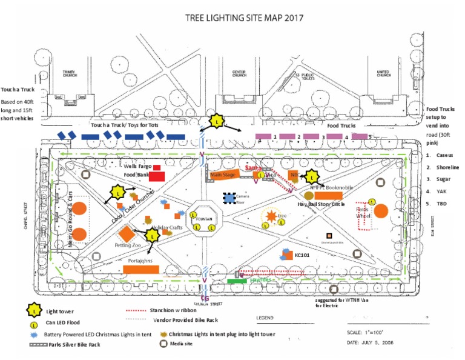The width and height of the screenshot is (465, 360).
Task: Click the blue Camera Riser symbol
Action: point(229,198)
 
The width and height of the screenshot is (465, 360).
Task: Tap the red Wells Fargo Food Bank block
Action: point(157,175)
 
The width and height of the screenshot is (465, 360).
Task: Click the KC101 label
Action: point(303,256)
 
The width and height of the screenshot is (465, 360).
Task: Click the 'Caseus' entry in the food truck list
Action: point(445,156)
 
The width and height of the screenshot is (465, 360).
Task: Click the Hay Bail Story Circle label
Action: point(321,205)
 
